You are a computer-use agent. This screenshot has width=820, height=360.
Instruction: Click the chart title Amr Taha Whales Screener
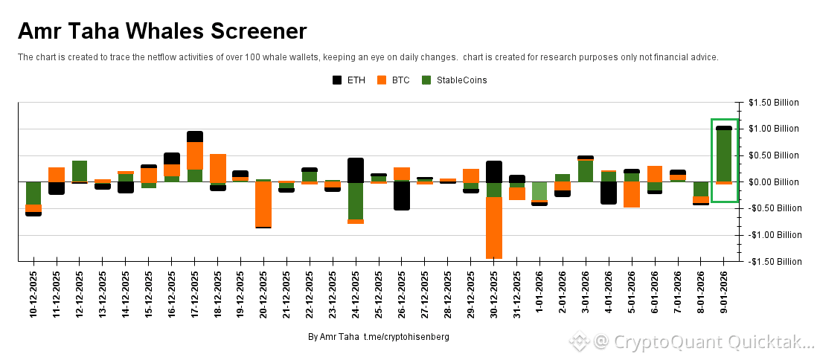[162, 31]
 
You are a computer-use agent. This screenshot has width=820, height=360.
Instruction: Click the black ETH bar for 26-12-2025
[402, 196]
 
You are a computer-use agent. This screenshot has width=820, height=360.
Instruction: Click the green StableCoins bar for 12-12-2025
[80, 170]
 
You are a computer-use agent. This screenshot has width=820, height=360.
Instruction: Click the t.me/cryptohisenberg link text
[406, 337]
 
